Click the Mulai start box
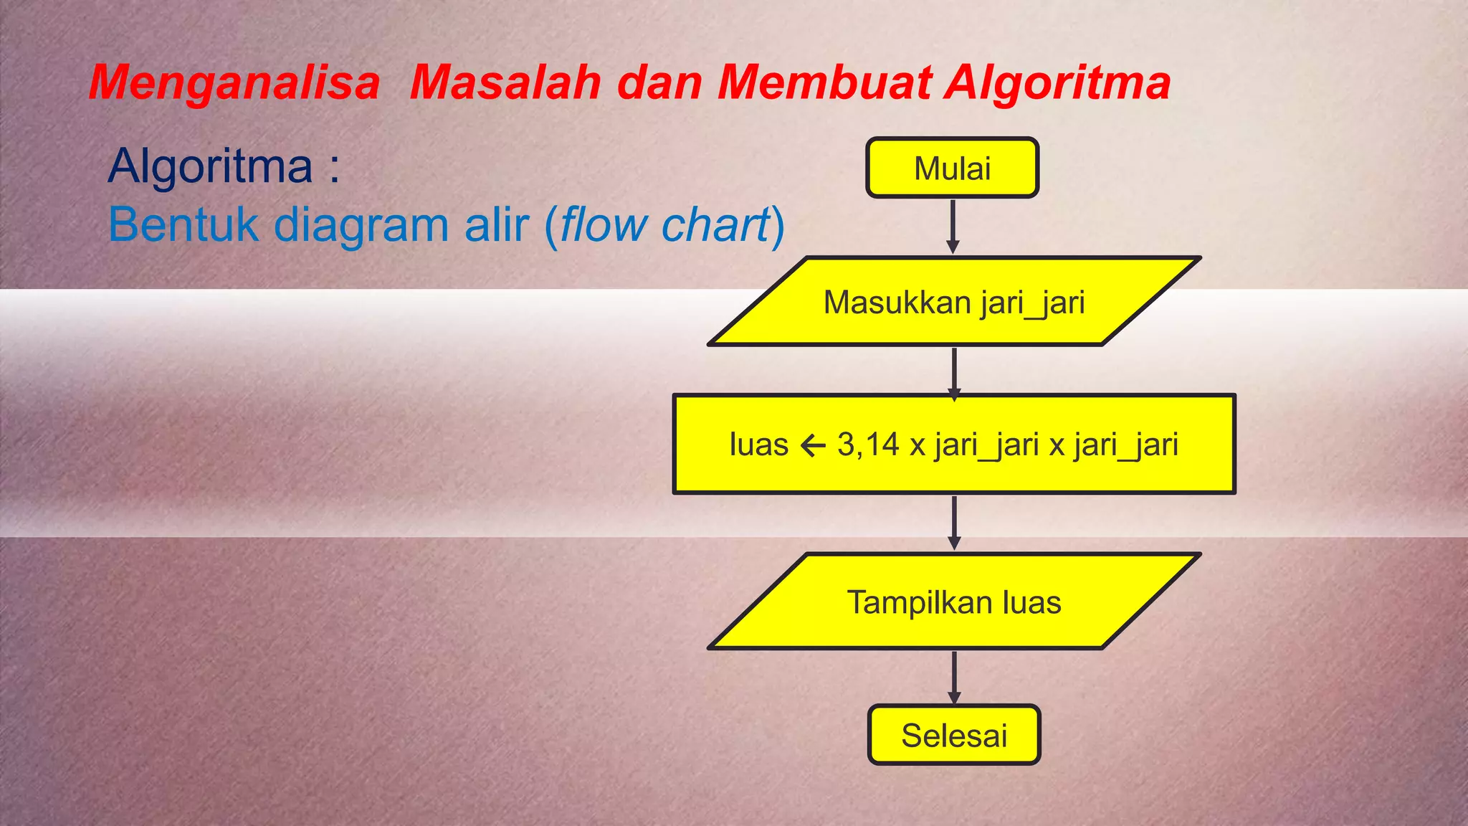(952, 168)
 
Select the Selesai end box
(954, 736)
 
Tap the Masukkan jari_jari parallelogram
(954, 302)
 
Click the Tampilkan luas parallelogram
(954, 602)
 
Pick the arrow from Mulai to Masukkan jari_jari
(953, 225)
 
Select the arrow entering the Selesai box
(954, 678)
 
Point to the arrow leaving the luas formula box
(954, 523)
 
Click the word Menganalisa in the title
(234, 82)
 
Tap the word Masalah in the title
(505, 82)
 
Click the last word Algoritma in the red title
(1057, 82)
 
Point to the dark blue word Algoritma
(210, 166)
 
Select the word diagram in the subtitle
(362, 225)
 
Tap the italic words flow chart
(664, 225)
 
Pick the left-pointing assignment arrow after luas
(813, 446)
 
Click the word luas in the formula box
(758, 445)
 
